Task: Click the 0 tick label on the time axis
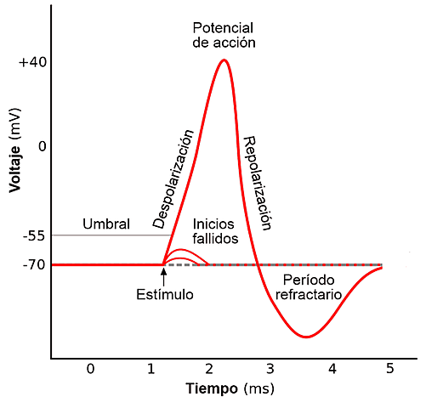pos(90,369)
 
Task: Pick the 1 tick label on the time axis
pos(151,369)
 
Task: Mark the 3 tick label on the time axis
pos(270,369)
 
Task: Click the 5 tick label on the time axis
pos(390,369)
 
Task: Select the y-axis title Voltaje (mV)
pos(15,150)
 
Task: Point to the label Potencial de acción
pos(224,34)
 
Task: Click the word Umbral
pos(106,224)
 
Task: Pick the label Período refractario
pos(308,286)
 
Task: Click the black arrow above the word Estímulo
pos(163,275)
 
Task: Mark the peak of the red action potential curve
pos(224,60)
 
